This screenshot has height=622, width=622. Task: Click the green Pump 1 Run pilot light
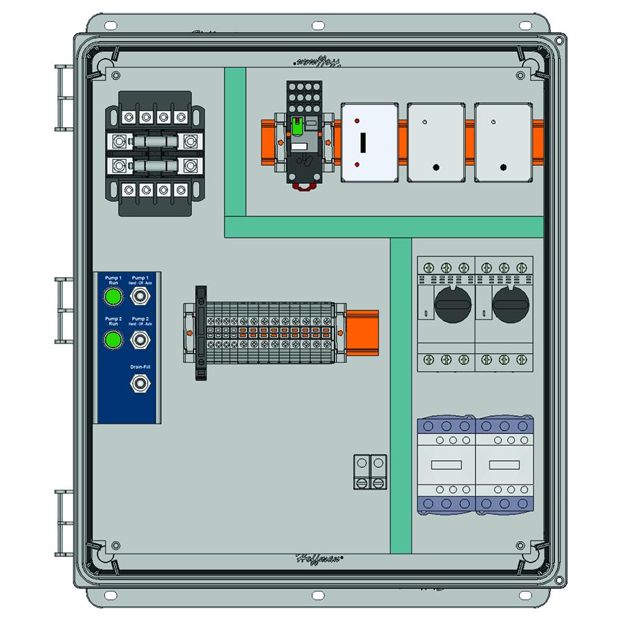point(112,297)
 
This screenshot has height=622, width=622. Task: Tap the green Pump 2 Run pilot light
point(112,339)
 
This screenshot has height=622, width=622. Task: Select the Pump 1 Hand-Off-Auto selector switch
point(141,297)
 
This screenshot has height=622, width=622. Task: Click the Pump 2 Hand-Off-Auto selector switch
point(141,339)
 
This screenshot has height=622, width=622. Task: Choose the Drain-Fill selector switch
point(141,382)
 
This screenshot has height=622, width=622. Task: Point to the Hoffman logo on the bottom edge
point(320,558)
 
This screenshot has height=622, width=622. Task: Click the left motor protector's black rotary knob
point(453,305)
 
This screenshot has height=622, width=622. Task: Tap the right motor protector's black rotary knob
point(511,305)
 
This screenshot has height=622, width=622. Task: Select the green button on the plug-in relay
point(298,126)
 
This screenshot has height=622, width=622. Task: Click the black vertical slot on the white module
point(361,143)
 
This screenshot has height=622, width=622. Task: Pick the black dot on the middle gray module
point(436,167)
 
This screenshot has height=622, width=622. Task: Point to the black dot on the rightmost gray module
point(503,167)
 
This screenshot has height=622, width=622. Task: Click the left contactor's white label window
point(446,464)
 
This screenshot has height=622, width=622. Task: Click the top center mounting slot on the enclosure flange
point(318,26)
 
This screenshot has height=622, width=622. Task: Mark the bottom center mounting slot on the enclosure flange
point(318,595)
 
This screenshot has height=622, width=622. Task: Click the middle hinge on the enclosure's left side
point(64,310)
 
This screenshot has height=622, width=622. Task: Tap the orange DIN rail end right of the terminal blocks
point(363,332)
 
